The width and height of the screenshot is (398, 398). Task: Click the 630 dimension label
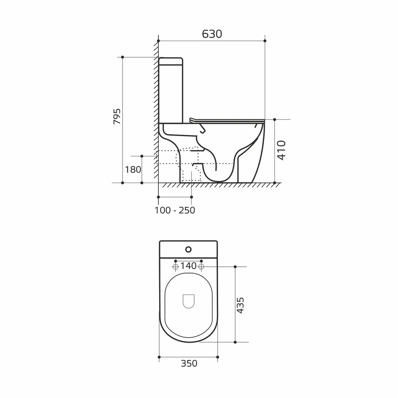pos(212,34)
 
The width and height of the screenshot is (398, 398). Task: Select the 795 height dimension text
pos(117,116)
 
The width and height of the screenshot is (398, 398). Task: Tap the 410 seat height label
pos(281,150)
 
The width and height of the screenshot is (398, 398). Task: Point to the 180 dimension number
pos(133,169)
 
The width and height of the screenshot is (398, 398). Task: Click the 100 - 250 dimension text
pos(175,210)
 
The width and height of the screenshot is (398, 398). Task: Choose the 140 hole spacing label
pos(188,266)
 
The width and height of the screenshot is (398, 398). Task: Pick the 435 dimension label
pos(240,305)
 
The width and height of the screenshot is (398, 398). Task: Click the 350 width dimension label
pos(189,363)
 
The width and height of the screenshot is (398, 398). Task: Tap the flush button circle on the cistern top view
pos(188,250)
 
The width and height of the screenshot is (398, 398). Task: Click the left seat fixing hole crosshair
pos(176,267)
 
